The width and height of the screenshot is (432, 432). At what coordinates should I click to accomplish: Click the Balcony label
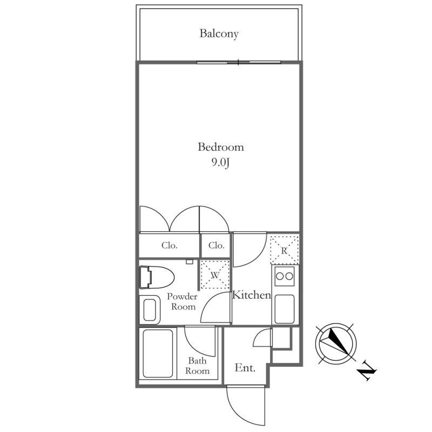(219, 33)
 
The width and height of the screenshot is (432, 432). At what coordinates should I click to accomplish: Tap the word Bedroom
(221, 147)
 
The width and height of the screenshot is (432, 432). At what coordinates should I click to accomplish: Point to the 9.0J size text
(220, 163)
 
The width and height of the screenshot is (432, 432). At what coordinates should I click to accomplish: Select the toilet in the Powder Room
(157, 277)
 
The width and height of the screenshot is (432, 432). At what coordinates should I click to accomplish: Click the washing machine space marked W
(215, 275)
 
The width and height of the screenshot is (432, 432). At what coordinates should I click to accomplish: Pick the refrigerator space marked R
(285, 250)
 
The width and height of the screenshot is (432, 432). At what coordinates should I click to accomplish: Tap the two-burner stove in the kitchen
(285, 276)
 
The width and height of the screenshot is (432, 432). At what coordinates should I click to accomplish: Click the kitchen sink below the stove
(285, 309)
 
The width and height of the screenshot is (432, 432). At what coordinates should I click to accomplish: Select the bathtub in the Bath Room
(158, 354)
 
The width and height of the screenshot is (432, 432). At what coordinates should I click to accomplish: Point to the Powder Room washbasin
(150, 309)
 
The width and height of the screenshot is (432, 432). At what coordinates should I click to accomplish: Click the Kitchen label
(252, 295)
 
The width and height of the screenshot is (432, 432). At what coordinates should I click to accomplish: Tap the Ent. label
(245, 368)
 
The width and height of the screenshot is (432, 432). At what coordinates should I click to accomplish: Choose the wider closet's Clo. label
(170, 245)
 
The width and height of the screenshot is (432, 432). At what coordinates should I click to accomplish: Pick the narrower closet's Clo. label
(217, 245)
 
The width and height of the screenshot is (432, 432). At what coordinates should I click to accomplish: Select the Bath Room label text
(197, 366)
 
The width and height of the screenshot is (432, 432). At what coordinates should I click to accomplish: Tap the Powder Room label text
(183, 301)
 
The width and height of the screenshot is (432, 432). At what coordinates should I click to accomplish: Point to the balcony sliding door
(239, 62)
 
